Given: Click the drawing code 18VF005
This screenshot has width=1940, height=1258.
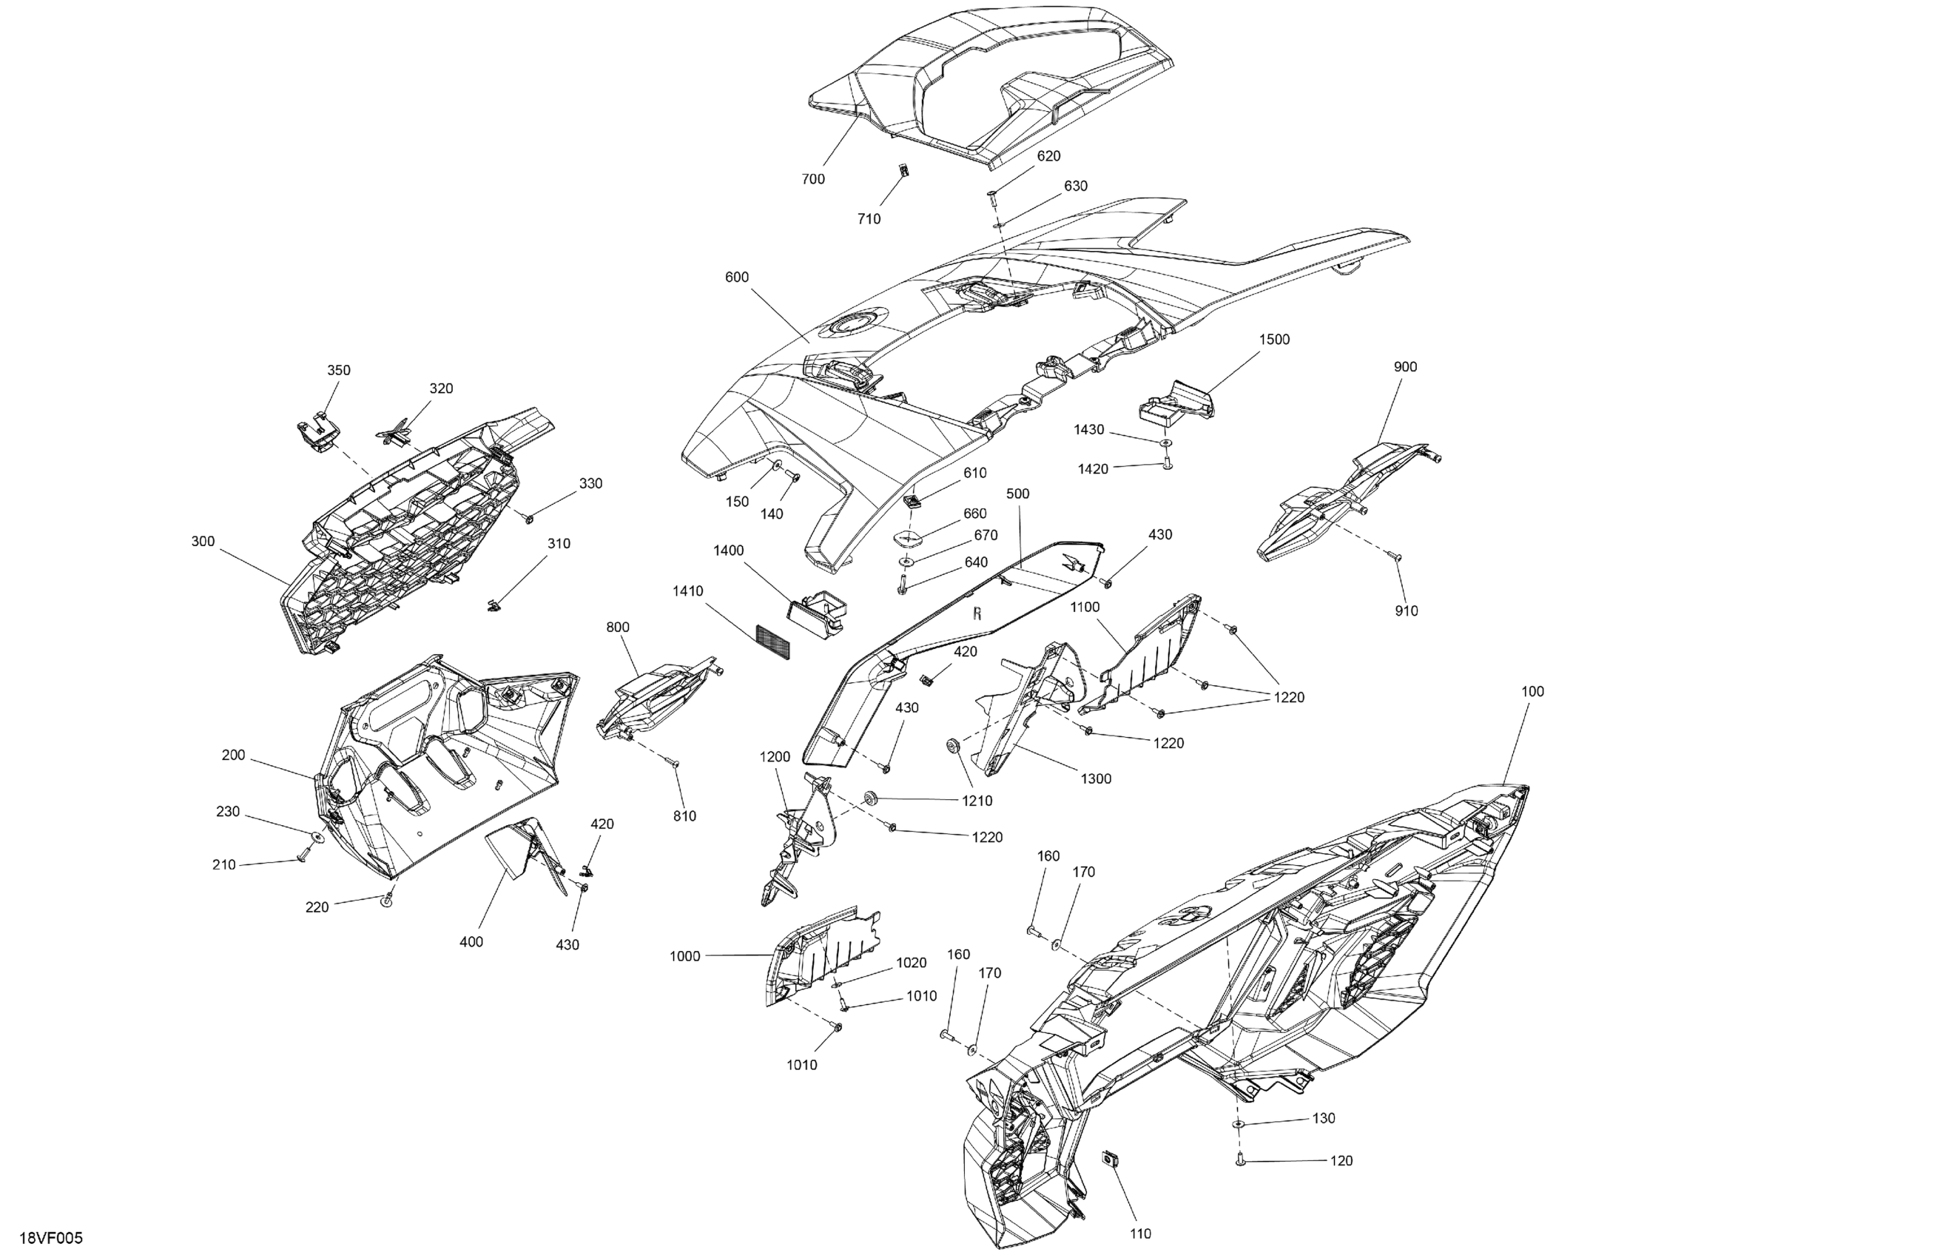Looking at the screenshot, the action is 50,1239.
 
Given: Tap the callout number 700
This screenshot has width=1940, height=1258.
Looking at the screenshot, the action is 812,179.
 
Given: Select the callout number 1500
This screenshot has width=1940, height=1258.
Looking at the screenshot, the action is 1274,339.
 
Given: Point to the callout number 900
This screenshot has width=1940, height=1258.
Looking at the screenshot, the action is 1405,367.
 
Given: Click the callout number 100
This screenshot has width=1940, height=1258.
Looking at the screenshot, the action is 1532,691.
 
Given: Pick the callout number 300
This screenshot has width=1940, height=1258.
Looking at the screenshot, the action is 203,542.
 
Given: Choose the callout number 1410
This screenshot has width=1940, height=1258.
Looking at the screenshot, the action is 688,591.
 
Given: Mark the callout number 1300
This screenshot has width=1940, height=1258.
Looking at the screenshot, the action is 1096,778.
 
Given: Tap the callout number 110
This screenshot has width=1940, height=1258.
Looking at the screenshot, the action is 1140,1234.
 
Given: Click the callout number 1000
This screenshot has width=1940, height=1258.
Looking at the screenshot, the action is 684,956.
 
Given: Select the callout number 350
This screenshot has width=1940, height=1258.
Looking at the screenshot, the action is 339,370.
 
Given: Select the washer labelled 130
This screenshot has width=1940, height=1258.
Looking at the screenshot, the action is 1238,1124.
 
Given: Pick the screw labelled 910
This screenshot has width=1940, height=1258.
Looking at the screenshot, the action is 1395,558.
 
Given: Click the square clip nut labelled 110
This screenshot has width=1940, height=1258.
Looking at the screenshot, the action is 1108,1157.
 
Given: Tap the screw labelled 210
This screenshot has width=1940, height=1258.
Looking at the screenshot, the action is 303,856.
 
